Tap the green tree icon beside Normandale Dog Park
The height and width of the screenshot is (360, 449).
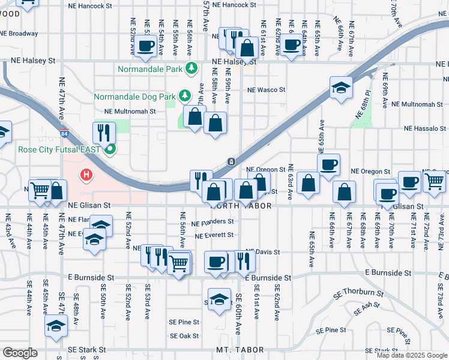pyautogui.click(x=185, y=95)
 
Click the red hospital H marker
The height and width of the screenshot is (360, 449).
pyautogui.click(x=86, y=176)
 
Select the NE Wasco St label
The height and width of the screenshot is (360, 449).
pyautogui.click(x=267, y=90)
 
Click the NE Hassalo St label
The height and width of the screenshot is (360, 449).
pyautogui.click(x=424, y=128)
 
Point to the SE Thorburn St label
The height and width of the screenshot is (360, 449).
pyautogui.click(x=360, y=293)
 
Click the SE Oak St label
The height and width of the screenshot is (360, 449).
pyautogui.click(x=184, y=336)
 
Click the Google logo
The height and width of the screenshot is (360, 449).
pyautogui.click(x=20, y=352)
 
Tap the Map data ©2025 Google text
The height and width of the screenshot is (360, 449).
pyautogui.click(x=412, y=355)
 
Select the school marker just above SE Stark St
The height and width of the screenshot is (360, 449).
pyautogui.click(x=56, y=326)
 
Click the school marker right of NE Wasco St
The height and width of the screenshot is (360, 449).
pyautogui.click(x=341, y=88)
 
